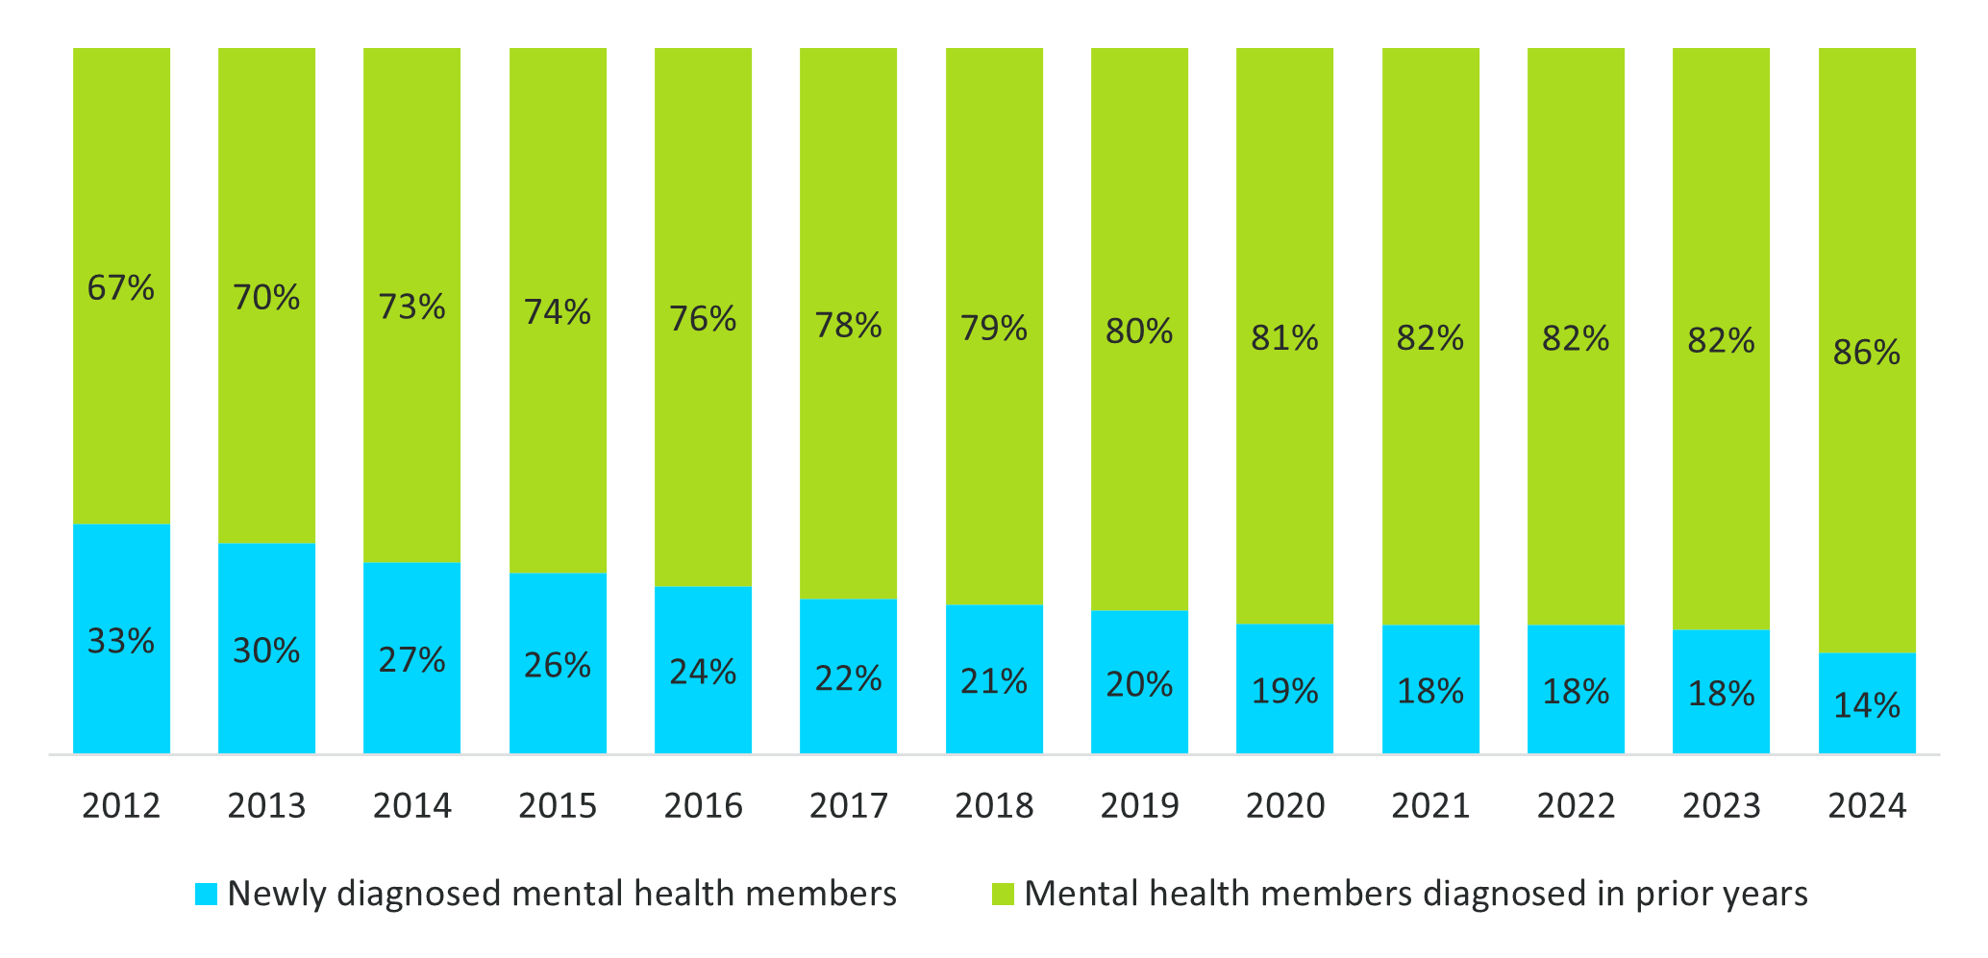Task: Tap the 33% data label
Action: [x=121, y=641]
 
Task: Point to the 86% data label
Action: [x=1867, y=354]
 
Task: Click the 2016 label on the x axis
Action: [x=703, y=805]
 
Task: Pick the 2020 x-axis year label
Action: [x=1285, y=805]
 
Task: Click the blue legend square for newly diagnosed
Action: [x=207, y=894]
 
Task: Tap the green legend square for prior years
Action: [x=1003, y=894]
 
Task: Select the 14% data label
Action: [x=1867, y=706]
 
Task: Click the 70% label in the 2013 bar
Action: [x=266, y=298]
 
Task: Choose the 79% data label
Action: [x=994, y=329]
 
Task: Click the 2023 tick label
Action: [x=1722, y=805]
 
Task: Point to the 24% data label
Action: [x=703, y=672]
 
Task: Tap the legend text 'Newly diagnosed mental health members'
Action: [x=562, y=894]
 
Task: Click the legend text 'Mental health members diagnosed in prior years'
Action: [x=1416, y=894]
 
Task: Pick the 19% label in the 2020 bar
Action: [x=1285, y=691]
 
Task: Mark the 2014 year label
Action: [x=412, y=805]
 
